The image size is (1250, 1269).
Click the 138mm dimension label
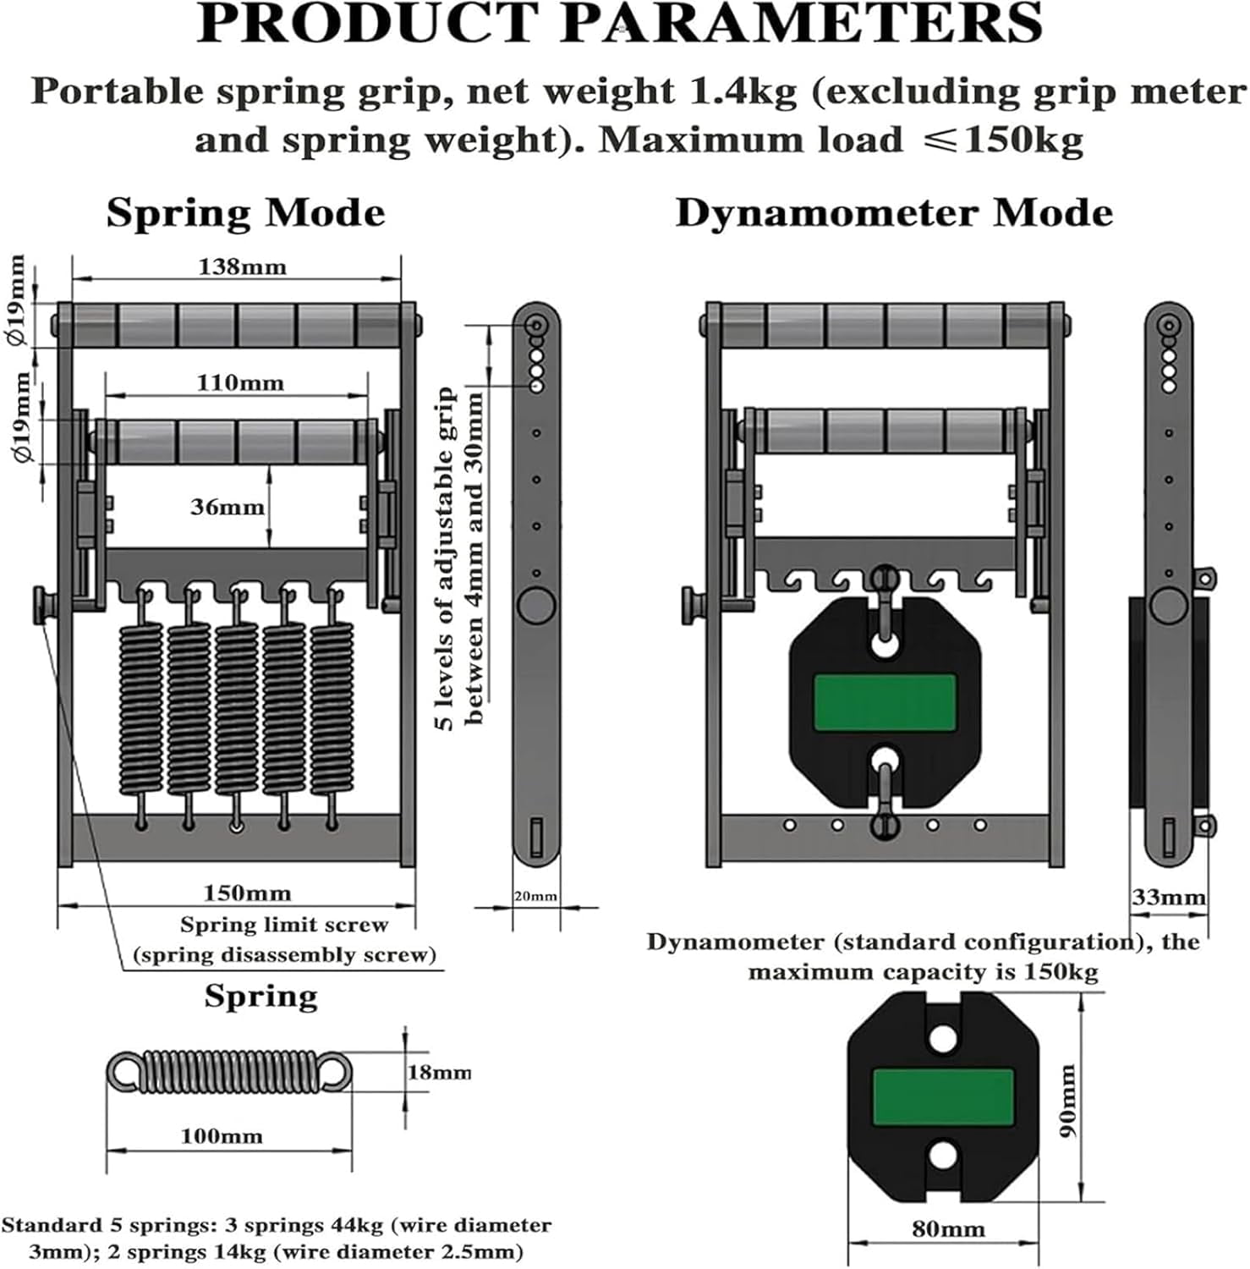242,266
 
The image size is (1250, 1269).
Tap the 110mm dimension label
240,382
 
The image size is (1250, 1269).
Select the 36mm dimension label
227,507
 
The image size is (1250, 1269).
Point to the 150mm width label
247,893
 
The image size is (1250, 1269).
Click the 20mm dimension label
535,896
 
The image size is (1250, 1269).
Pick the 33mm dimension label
1169,897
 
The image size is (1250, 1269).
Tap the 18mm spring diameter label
439,1072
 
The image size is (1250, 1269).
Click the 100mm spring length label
222,1135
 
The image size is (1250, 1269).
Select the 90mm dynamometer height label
1068,1100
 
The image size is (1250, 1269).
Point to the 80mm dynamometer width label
948,1228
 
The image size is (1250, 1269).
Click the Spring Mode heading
245,212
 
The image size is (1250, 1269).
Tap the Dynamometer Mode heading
894,212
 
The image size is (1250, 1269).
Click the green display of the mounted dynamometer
885,702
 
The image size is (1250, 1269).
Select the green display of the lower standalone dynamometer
943,1097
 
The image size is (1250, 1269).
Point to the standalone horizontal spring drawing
229,1072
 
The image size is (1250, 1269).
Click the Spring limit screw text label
284,925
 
